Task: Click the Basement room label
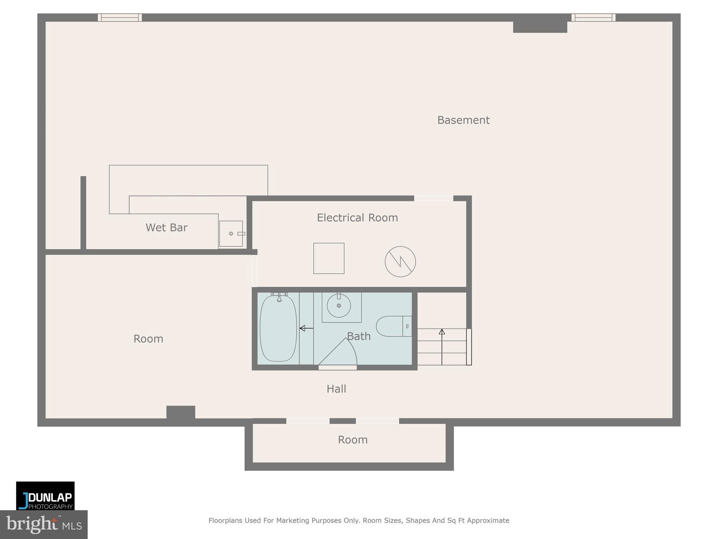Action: (x=463, y=120)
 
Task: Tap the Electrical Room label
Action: (x=357, y=218)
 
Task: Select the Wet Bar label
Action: (x=167, y=227)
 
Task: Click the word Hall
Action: (x=336, y=389)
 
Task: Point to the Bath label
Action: (x=359, y=336)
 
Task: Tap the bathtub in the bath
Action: (x=278, y=328)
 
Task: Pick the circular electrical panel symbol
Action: (x=400, y=261)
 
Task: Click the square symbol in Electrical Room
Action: (x=328, y=258)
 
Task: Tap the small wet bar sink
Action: (x=231, y=234)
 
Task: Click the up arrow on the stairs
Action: (x=442, y=332)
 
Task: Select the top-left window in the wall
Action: (x=120, y=18)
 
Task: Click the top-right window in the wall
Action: (x=593, y=18)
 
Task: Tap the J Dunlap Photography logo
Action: (x=45, y=496)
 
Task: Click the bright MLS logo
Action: (x=43, y=525)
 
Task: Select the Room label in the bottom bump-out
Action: (x=352, y=440)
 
